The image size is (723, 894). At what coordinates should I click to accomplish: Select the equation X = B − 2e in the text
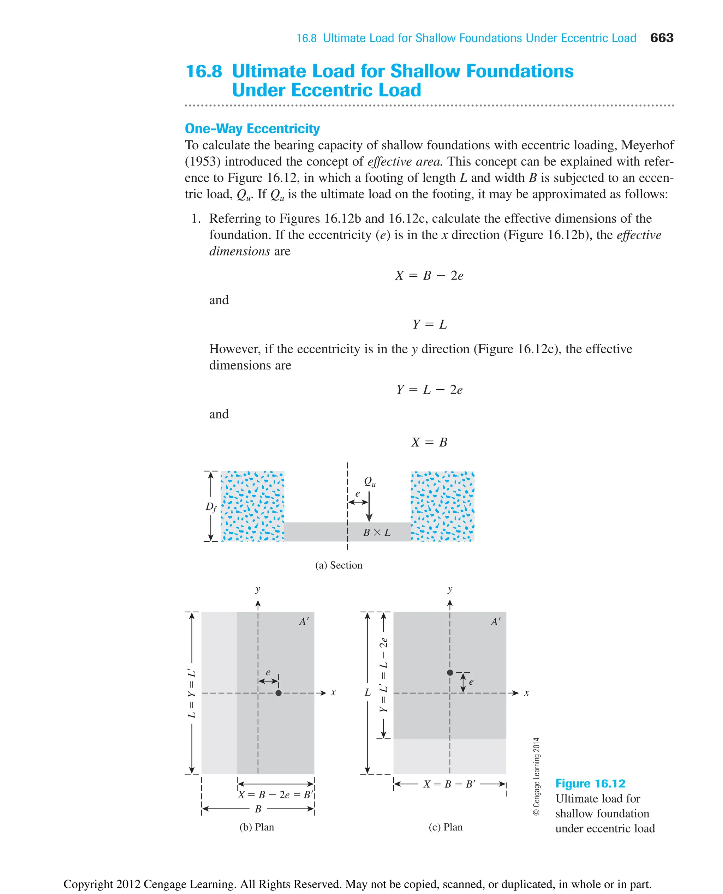pyautogui.click(x=429, y=276)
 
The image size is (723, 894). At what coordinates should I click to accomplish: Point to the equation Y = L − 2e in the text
pyautogui.click(x=429, y=390)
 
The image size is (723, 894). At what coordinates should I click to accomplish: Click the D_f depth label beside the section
pyautogui.click(x=211, y=507)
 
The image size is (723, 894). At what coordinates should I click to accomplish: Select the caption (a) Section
pyautogui.click(x=339, y=565)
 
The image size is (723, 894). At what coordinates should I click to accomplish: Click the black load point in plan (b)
pyautogui.click(x=279, y=693)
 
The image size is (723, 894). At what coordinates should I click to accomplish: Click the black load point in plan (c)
pyautogui.click(x=450, y=672)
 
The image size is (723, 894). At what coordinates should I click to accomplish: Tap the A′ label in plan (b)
pyautogui.click(x=304, y=622)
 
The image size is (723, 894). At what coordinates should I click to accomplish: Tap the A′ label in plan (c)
pyautogui.click(x=496, y=622)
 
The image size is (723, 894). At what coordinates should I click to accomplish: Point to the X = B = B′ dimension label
pyautogui.click(x=449, y=784)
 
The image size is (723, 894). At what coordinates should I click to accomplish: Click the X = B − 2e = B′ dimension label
pyautogui.click(x=275, y=794)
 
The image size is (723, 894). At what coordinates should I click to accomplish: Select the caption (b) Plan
pyautogui.click(x=257, y=827)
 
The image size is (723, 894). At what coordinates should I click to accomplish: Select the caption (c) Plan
pyautogui.click(x=446, y=827)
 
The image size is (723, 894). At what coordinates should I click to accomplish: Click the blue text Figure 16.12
pyautogui.click(x=590, y=783)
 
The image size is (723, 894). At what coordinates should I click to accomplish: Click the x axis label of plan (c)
pyautogui.click(x=526, y=693)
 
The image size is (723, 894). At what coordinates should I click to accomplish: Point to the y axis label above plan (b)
pyautogui.click(x=258, y=589)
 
